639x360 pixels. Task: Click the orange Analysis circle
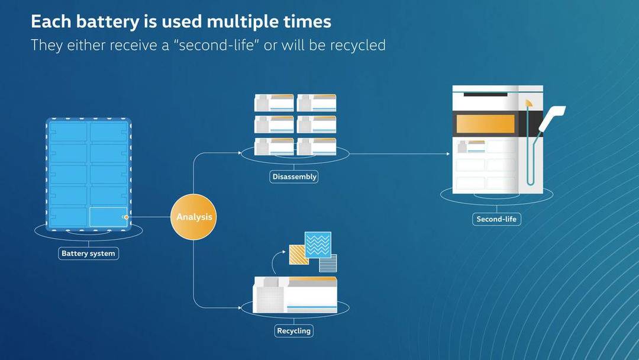[x=193, y=217]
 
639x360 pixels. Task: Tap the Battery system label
[x=88, y=253]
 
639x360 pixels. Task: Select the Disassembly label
[x=294, y=176]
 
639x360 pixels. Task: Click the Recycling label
[x=294, y=330]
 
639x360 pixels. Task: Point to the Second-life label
[x=496, y=219]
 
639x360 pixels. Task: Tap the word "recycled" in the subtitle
[x=358, y=45]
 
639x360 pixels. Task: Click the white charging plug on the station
[x=551, y=118]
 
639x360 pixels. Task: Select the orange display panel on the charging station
[x=485, y=124]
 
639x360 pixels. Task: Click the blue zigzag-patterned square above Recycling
[x=318, y=245]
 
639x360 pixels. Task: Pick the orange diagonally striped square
[x=299, y=255]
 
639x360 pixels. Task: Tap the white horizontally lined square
[x=328, y=263]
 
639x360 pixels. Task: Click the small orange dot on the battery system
[x=127, y=217]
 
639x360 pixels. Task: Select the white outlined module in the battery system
[x=108, y=217]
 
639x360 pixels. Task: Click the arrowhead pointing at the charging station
[x=448, y=154]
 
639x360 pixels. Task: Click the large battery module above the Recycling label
[x=295, y=295]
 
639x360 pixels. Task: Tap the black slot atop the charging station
[x=485, y=95]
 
